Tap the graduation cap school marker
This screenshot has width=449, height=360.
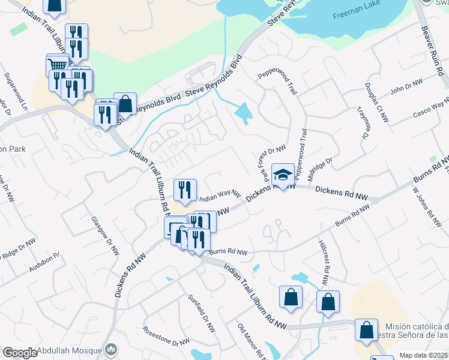click(x=283, y=174)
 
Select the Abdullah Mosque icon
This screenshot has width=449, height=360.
click(x=110, y=349)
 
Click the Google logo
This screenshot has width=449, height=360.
click(x=20, y=353)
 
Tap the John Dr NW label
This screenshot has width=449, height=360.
click(x=406, y=87)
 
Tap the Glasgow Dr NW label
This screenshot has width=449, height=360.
click(x=102, y=232)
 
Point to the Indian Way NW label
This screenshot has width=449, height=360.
click(x=220, y=196)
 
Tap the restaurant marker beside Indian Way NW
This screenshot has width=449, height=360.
click(x=185, y=190)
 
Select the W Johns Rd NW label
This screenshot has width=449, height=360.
click(x=424, y=205)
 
